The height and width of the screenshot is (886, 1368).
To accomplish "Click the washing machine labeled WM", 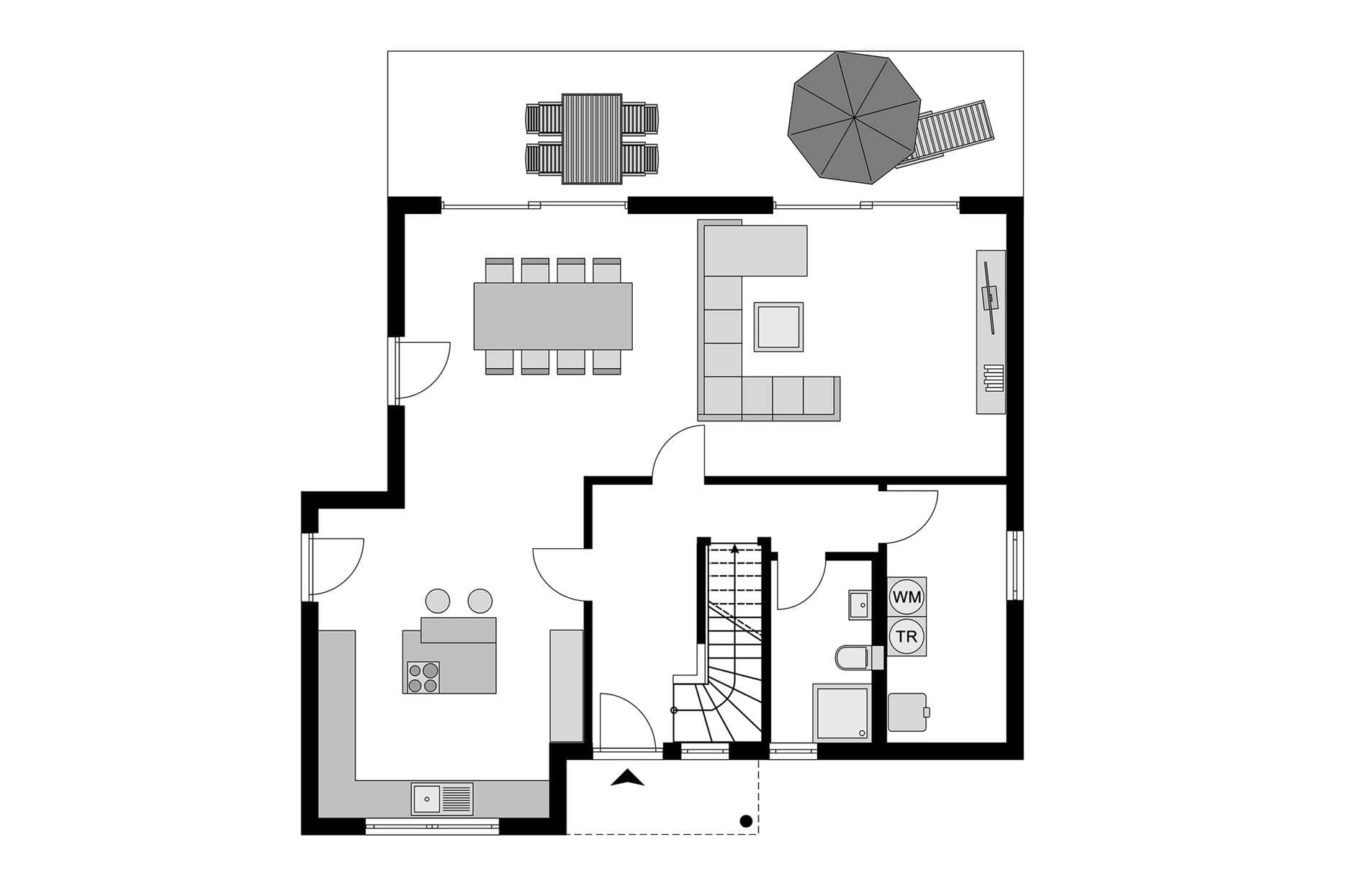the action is pyautogui.click(x=906, y=597).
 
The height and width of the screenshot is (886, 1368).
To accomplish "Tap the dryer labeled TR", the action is pyautogui.click(x=906, y=637).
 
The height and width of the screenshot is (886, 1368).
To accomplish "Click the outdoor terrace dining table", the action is pyautogui.click(x=592, y=138).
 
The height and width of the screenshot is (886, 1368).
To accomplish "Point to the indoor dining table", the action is pyautogui.click(x=553, y=316).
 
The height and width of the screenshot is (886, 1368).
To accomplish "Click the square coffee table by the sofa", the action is pyautogui.click(x=778, y=327).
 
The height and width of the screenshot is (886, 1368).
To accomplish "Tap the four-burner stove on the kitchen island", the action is pyautogui.click(x=423, y=677).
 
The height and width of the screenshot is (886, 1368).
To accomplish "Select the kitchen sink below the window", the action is pyautogui.click(x=442, y=798).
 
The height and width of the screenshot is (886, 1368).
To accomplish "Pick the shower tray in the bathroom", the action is pyautogui.click(x=842, y=712).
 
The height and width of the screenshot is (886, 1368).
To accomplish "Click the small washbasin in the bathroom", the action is pyautogui.click(x=859, y=604).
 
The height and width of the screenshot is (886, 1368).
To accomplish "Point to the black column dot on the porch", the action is pyautogui.click(x=747, y=820).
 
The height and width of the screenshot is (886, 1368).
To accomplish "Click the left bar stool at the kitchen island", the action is pyautogui.click(x=438, y=601).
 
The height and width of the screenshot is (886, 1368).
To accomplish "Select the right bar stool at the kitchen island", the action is pyautogui.click(x=480, y=601).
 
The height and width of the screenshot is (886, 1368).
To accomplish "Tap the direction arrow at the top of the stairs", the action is pyautogui.click(x=734, y=549).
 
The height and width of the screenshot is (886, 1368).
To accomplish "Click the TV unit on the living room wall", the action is pyautogui.click(x=991, y=332).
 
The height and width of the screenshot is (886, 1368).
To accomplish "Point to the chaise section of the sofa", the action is pyautogui.click(x=755, y=250).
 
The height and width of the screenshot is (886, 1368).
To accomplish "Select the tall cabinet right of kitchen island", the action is pyautogui.click(x=567, y=686).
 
